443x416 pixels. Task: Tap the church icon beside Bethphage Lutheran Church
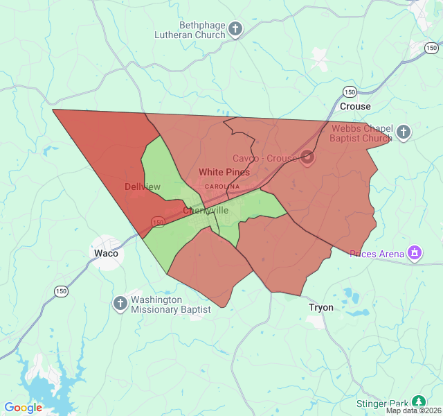coord(235,30)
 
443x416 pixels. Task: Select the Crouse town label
coord(355,107)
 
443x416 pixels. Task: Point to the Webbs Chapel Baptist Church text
coord(361,133)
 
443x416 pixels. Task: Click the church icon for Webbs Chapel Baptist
coord(404,132)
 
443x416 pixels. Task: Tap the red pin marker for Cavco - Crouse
coord(307,157)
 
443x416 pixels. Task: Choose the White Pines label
coord(224,172)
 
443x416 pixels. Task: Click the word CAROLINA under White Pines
coord(221,187)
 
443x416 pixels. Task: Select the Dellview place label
coord(143,187)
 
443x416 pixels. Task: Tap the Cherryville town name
coord(206,210)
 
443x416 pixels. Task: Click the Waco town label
coord(106,253)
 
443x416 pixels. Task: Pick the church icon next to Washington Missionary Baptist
coord(120,303)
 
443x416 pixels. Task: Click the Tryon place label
coord(320,307)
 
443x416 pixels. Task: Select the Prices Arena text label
coord(377,254)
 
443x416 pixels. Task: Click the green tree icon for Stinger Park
coord(418,402)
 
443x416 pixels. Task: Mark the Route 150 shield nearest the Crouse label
coord(350,92)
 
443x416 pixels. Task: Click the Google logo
coord(23,408)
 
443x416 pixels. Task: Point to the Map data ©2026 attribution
coord(413,410)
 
